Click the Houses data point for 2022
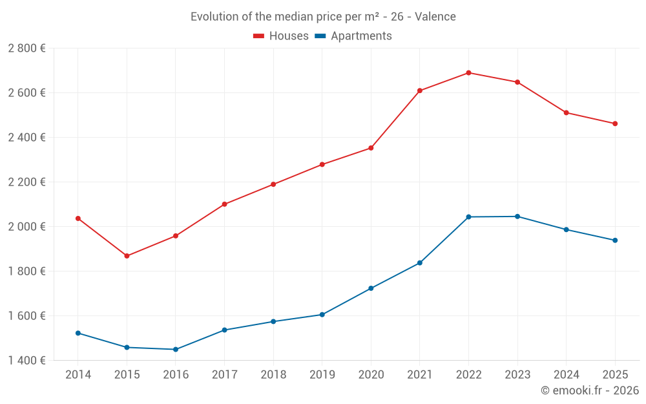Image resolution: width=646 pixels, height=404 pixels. (x=468, y=73)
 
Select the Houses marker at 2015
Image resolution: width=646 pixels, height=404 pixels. (x=127, y=256)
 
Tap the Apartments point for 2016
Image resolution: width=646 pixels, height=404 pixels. (x=176, y=350)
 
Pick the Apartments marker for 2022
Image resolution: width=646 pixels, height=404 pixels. (x=468, y=217)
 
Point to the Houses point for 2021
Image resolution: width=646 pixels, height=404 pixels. (x=420, y=90)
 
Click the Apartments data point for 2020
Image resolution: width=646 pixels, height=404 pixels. (x=371, y=288)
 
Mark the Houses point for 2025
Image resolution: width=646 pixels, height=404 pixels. (x=615, y=123)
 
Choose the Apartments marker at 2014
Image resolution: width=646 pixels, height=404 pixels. (x=78, y=333)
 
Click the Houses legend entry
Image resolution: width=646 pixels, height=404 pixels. (x=281, y=36)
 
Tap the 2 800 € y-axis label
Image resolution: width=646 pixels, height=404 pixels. (x=26, y=48)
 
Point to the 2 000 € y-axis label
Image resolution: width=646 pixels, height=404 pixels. (x=26, y=226)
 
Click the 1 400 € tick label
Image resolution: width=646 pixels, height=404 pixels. (x=26, y=360)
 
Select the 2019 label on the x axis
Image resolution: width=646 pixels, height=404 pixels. (x=322, y=375)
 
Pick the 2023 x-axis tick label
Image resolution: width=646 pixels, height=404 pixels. (x=517, y=375)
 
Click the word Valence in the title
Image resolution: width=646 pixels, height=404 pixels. (x=435, y=17)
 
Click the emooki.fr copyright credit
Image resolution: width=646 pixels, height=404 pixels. (x=590, y=390)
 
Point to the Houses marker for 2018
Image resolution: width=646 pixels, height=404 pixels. (x=273, y=184)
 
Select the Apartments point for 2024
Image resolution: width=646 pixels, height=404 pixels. (x=567, y=229)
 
